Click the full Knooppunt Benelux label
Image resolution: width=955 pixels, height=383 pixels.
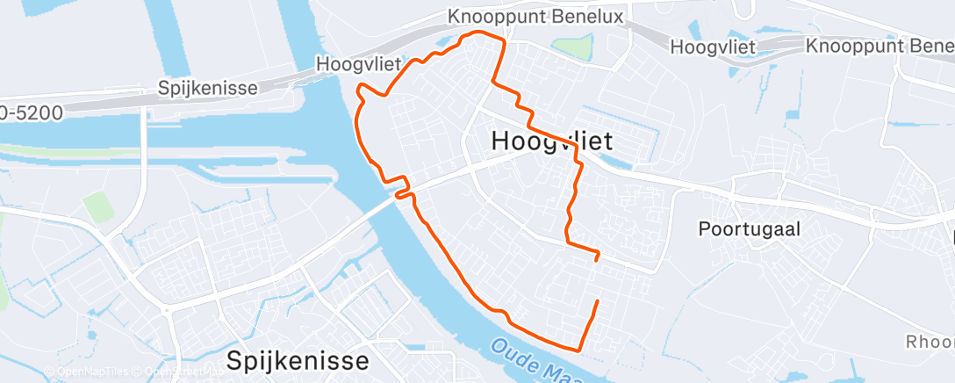[535, 17]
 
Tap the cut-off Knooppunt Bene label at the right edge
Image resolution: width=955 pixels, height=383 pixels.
[879, 46]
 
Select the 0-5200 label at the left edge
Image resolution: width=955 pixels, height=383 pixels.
[32, 112]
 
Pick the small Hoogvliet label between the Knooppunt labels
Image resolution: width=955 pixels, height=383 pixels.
[713, 47]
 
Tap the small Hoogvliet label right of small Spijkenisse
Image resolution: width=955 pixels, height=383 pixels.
[358, 63]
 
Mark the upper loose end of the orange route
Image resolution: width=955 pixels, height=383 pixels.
[597, 259]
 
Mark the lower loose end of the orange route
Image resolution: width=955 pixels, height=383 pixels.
[598, 301]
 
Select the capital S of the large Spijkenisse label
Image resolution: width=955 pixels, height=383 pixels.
[236, 360]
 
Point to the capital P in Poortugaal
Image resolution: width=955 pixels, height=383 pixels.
[704, 229]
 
